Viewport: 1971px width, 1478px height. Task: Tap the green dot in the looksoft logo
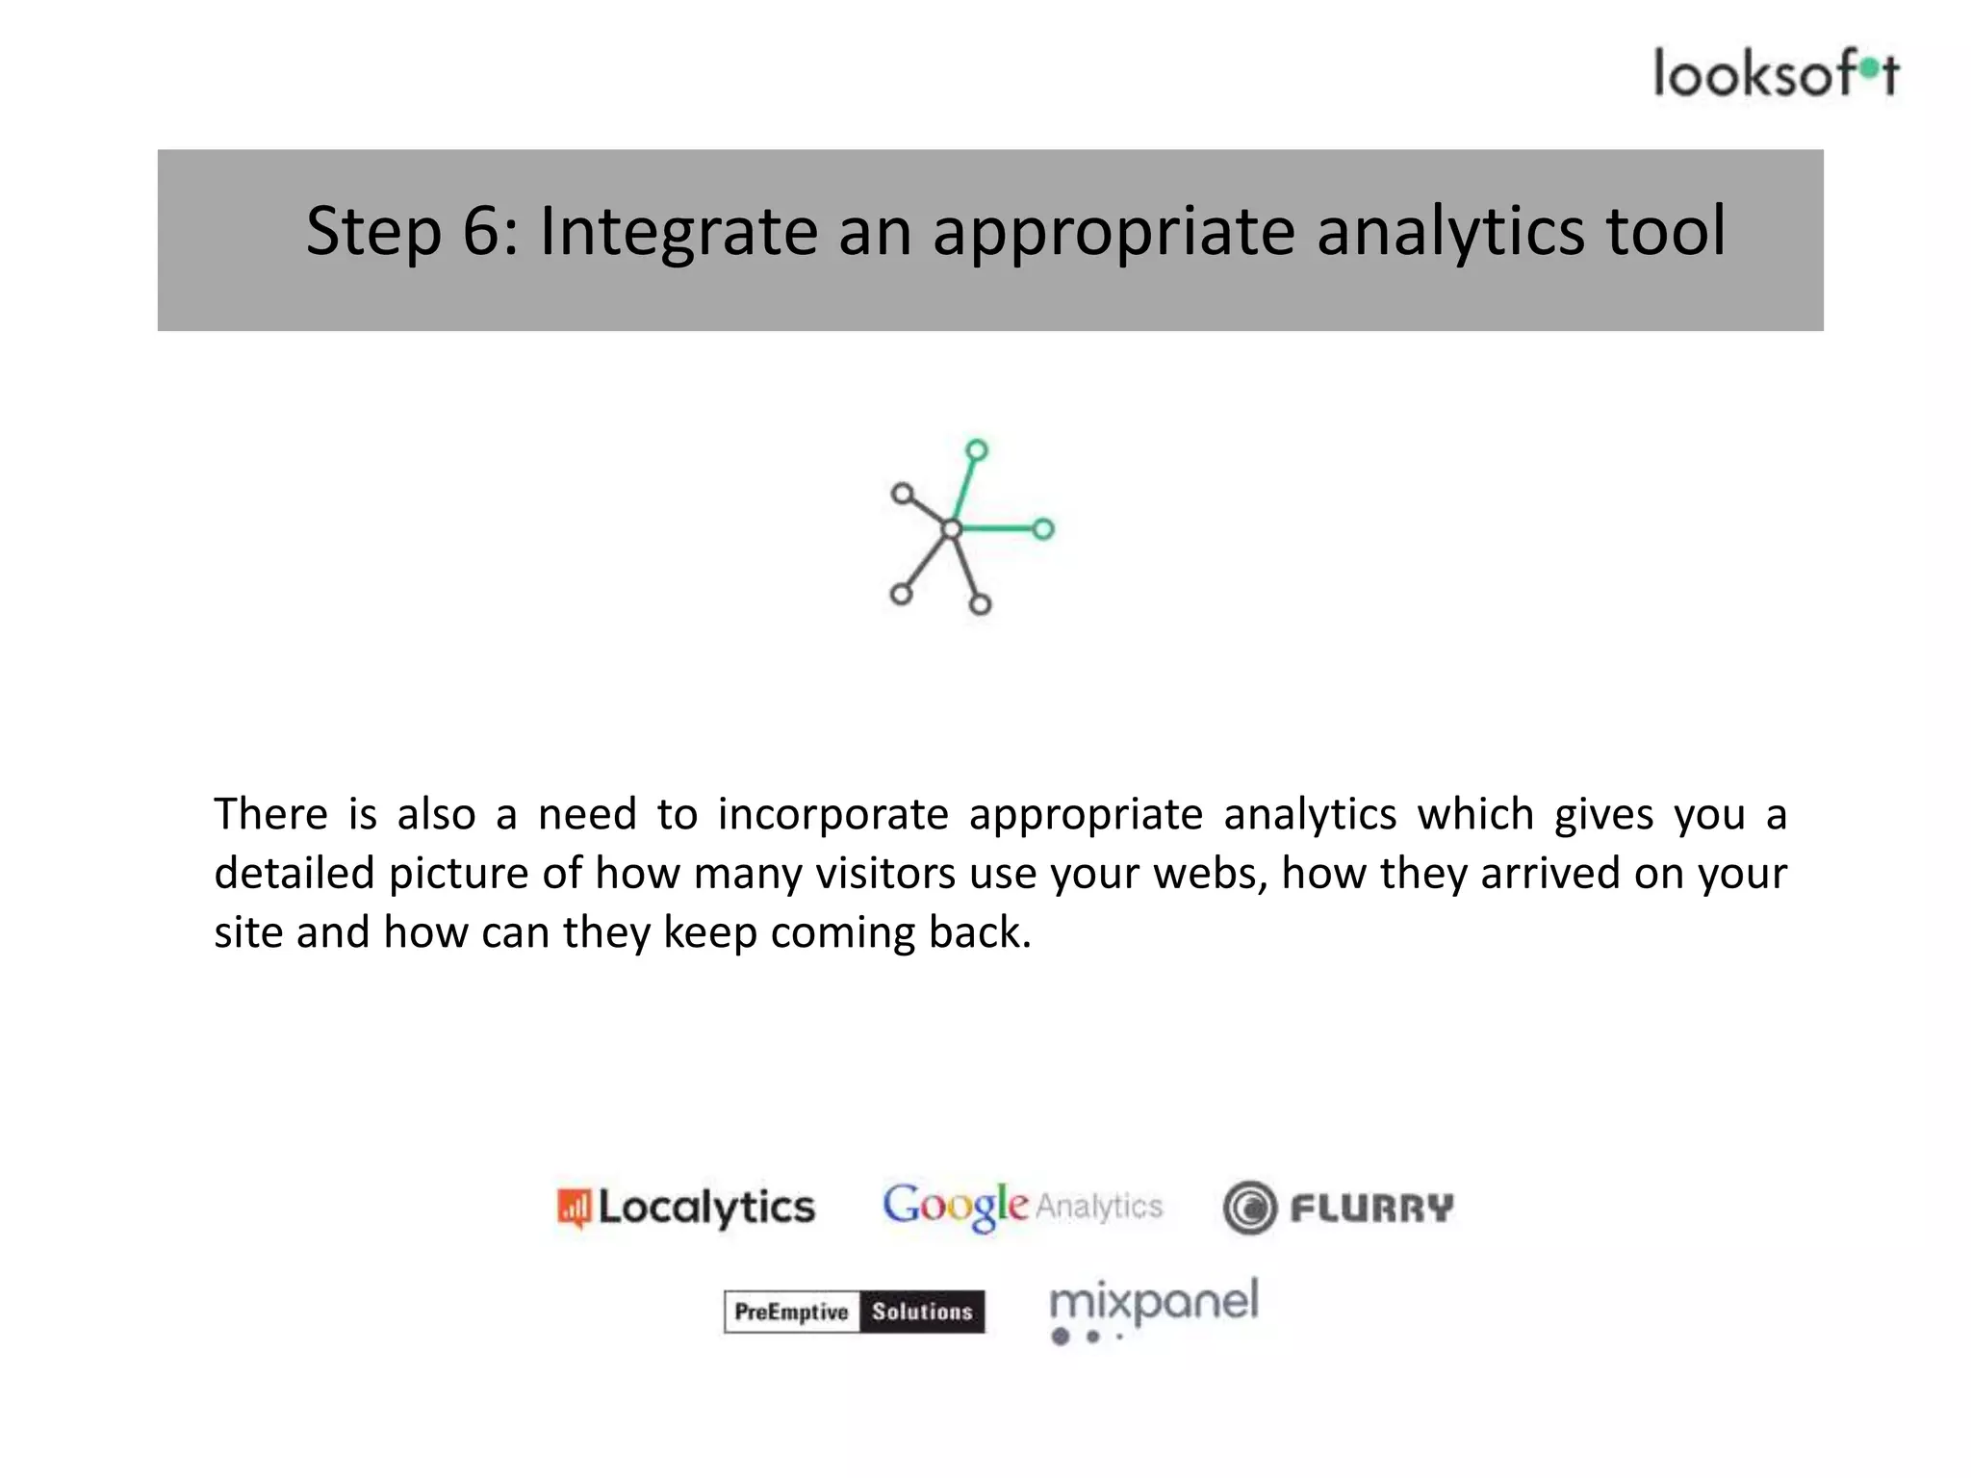coord(1869,66)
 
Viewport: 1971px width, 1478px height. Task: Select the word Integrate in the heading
coord(678,233)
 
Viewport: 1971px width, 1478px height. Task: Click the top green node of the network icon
coord(977,450)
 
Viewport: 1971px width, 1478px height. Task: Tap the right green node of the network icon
coord(1043,528)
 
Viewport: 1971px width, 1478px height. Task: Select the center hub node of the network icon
coord(951,528)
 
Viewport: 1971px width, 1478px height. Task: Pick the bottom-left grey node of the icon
coord(901,594)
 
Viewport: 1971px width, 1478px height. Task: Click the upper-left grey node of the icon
coord(902,494)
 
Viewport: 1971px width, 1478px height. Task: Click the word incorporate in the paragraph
coord(832,815)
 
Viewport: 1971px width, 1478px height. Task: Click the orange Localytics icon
coord(574,1208)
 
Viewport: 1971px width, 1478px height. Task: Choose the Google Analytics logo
coord(1022,1206)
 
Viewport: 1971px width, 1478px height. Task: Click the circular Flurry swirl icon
coord(1249,1208)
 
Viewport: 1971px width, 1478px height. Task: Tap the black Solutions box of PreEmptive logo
coord(922,1312)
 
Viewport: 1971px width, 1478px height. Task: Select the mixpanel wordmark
coord(1153,1302)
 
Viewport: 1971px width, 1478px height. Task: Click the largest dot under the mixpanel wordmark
coord(1061,1337)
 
